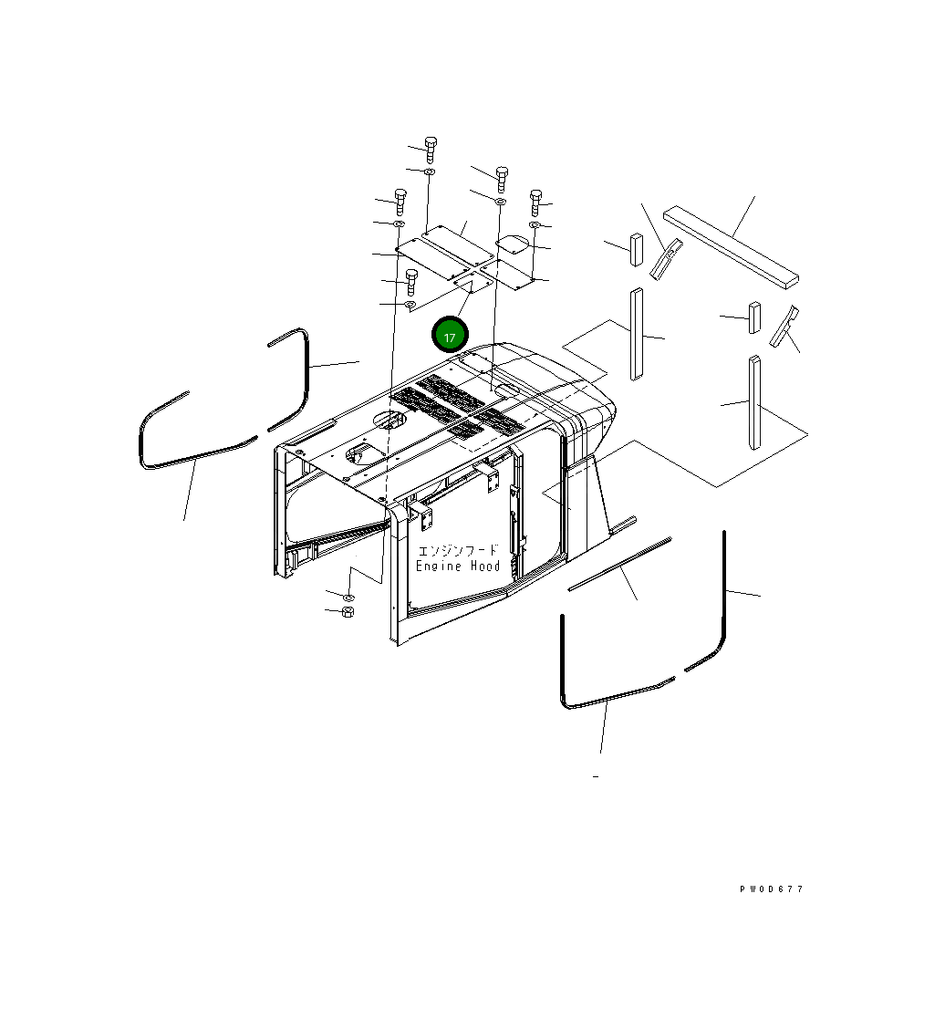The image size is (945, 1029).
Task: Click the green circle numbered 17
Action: pos(450,335)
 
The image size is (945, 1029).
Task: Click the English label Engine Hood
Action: pos(458,566)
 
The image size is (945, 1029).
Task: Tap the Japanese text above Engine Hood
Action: pos(458,550)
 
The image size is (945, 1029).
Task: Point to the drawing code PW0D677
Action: pos(772,889)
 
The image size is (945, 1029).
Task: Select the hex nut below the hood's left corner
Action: pos(347,610)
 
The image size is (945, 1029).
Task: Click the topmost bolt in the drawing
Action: pos(431,147)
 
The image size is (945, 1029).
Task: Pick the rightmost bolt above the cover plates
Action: pos(535,201)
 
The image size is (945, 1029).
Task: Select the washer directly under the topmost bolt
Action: pos(431,171)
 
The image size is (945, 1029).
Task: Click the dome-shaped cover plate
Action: pos(513,245)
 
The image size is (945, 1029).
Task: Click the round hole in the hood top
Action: pos(389,421)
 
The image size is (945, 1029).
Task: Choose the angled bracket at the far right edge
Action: pos(784,327)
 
